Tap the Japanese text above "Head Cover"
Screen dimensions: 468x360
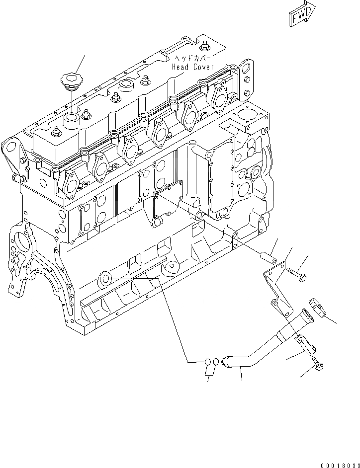click(191, 58)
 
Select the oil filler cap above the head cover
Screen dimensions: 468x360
click(70, 81)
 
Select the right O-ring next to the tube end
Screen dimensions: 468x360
click(216, 363)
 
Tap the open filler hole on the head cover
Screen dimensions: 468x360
click(71, 119)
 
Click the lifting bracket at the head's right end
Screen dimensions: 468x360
click(245, 77)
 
